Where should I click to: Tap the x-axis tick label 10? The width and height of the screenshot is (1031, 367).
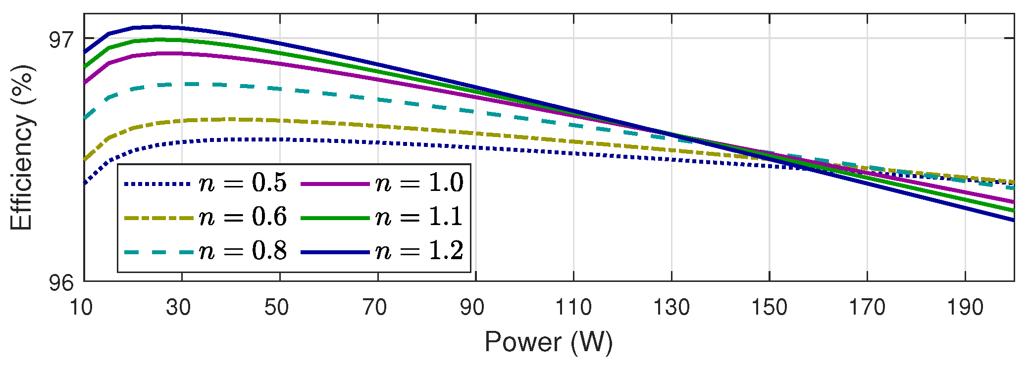coord(81,308)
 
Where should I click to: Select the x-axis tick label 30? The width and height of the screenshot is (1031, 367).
coord(178,308)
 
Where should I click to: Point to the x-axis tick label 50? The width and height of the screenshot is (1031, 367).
coord(276,308)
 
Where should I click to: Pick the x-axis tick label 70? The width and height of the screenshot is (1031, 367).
coord(374,308)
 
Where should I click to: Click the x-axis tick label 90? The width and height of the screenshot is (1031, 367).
coord(472,308)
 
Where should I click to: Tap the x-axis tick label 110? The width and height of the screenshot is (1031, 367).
coord(573,308)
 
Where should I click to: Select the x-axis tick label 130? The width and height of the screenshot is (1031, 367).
coord(671,308)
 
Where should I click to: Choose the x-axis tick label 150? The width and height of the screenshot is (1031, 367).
coord(769,308)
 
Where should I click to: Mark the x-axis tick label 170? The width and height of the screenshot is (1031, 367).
coord(867,308)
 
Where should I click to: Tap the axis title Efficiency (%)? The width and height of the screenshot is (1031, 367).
coord(22,147)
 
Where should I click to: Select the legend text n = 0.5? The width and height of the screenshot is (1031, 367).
coord(243,183)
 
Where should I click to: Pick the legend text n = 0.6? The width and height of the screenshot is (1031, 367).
coord(243,217)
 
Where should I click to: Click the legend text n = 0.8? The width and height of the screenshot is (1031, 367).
coord(243,251)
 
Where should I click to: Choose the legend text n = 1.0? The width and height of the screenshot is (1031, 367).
coord(419,183)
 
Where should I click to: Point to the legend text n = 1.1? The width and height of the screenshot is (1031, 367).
coord(419,217)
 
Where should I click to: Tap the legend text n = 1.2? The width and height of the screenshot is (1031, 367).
coord(419,251)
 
